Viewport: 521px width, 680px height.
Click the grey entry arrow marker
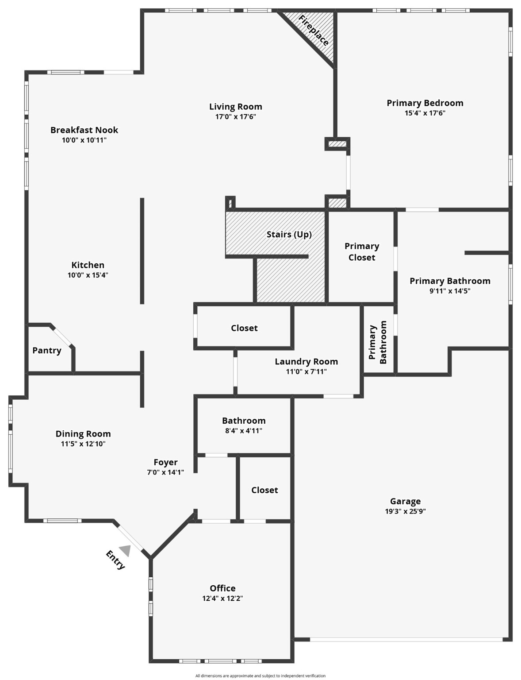coord(125,550)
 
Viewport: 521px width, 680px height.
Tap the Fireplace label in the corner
coord(314,31)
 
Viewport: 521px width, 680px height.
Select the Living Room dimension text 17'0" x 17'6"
coord(235,117)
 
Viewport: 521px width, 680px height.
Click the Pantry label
coord(47,351)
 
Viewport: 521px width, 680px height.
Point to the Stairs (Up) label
coord(289,235)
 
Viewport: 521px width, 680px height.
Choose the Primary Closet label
coord(362,252)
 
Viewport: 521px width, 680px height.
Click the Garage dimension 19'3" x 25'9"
coord(405,511)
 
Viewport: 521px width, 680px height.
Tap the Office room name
coord(222,588)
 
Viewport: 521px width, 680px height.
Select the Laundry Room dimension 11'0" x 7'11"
coord(306,372)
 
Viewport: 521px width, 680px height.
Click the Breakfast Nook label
coord(84,130)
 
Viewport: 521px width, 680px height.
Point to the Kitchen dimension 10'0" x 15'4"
coord(88,275)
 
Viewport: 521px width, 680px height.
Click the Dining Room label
coord(83,434)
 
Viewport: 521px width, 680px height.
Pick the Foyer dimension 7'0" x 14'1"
coord(165,472)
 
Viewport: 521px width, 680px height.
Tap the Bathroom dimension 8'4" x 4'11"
coord(244,431)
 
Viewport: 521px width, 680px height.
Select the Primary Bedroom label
coord(425,103)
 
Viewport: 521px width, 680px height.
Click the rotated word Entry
coord(115,560)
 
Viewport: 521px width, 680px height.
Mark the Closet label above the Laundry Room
coord(244,328)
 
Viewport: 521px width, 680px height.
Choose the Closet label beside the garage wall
coord(264,490)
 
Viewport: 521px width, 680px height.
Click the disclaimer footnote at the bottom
coord(260,676)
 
